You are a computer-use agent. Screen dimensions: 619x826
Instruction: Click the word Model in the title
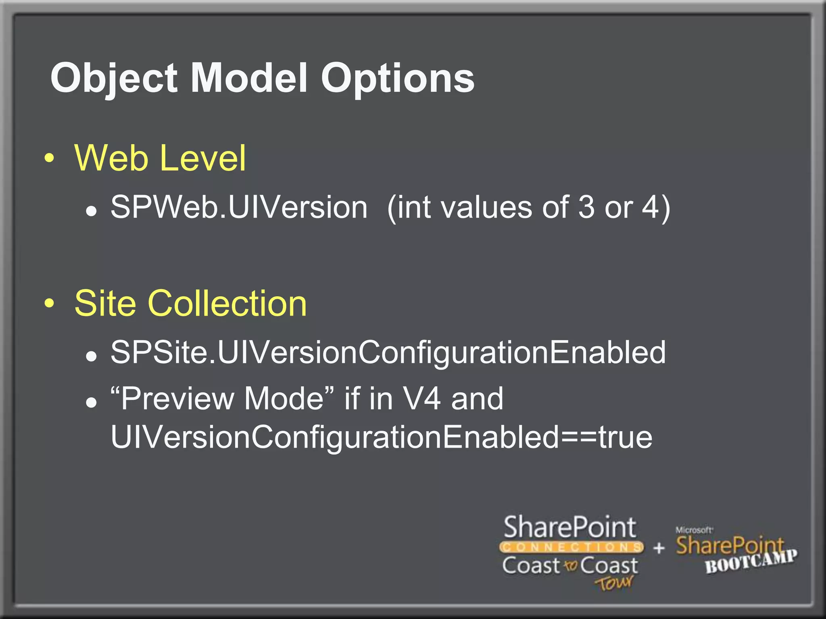point(249,78)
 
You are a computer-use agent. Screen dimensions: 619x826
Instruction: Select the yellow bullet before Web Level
point(49,158)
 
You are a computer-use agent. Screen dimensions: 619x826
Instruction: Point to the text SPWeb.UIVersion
point(239,207)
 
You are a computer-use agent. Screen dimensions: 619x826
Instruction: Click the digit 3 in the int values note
point(586,207)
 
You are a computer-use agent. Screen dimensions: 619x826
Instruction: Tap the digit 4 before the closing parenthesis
point(650,207)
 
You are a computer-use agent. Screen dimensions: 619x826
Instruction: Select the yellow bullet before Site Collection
point(49,303)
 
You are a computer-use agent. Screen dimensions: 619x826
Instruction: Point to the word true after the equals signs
point(626,438)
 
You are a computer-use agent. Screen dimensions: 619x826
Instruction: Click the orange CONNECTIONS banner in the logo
point(571,547)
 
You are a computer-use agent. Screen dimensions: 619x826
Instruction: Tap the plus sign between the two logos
point(659,548)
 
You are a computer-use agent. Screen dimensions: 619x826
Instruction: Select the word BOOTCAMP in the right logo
point(751,561)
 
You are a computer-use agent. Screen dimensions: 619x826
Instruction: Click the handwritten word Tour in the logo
point(614,583)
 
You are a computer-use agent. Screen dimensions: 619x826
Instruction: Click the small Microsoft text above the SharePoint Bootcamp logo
point(694,530)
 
